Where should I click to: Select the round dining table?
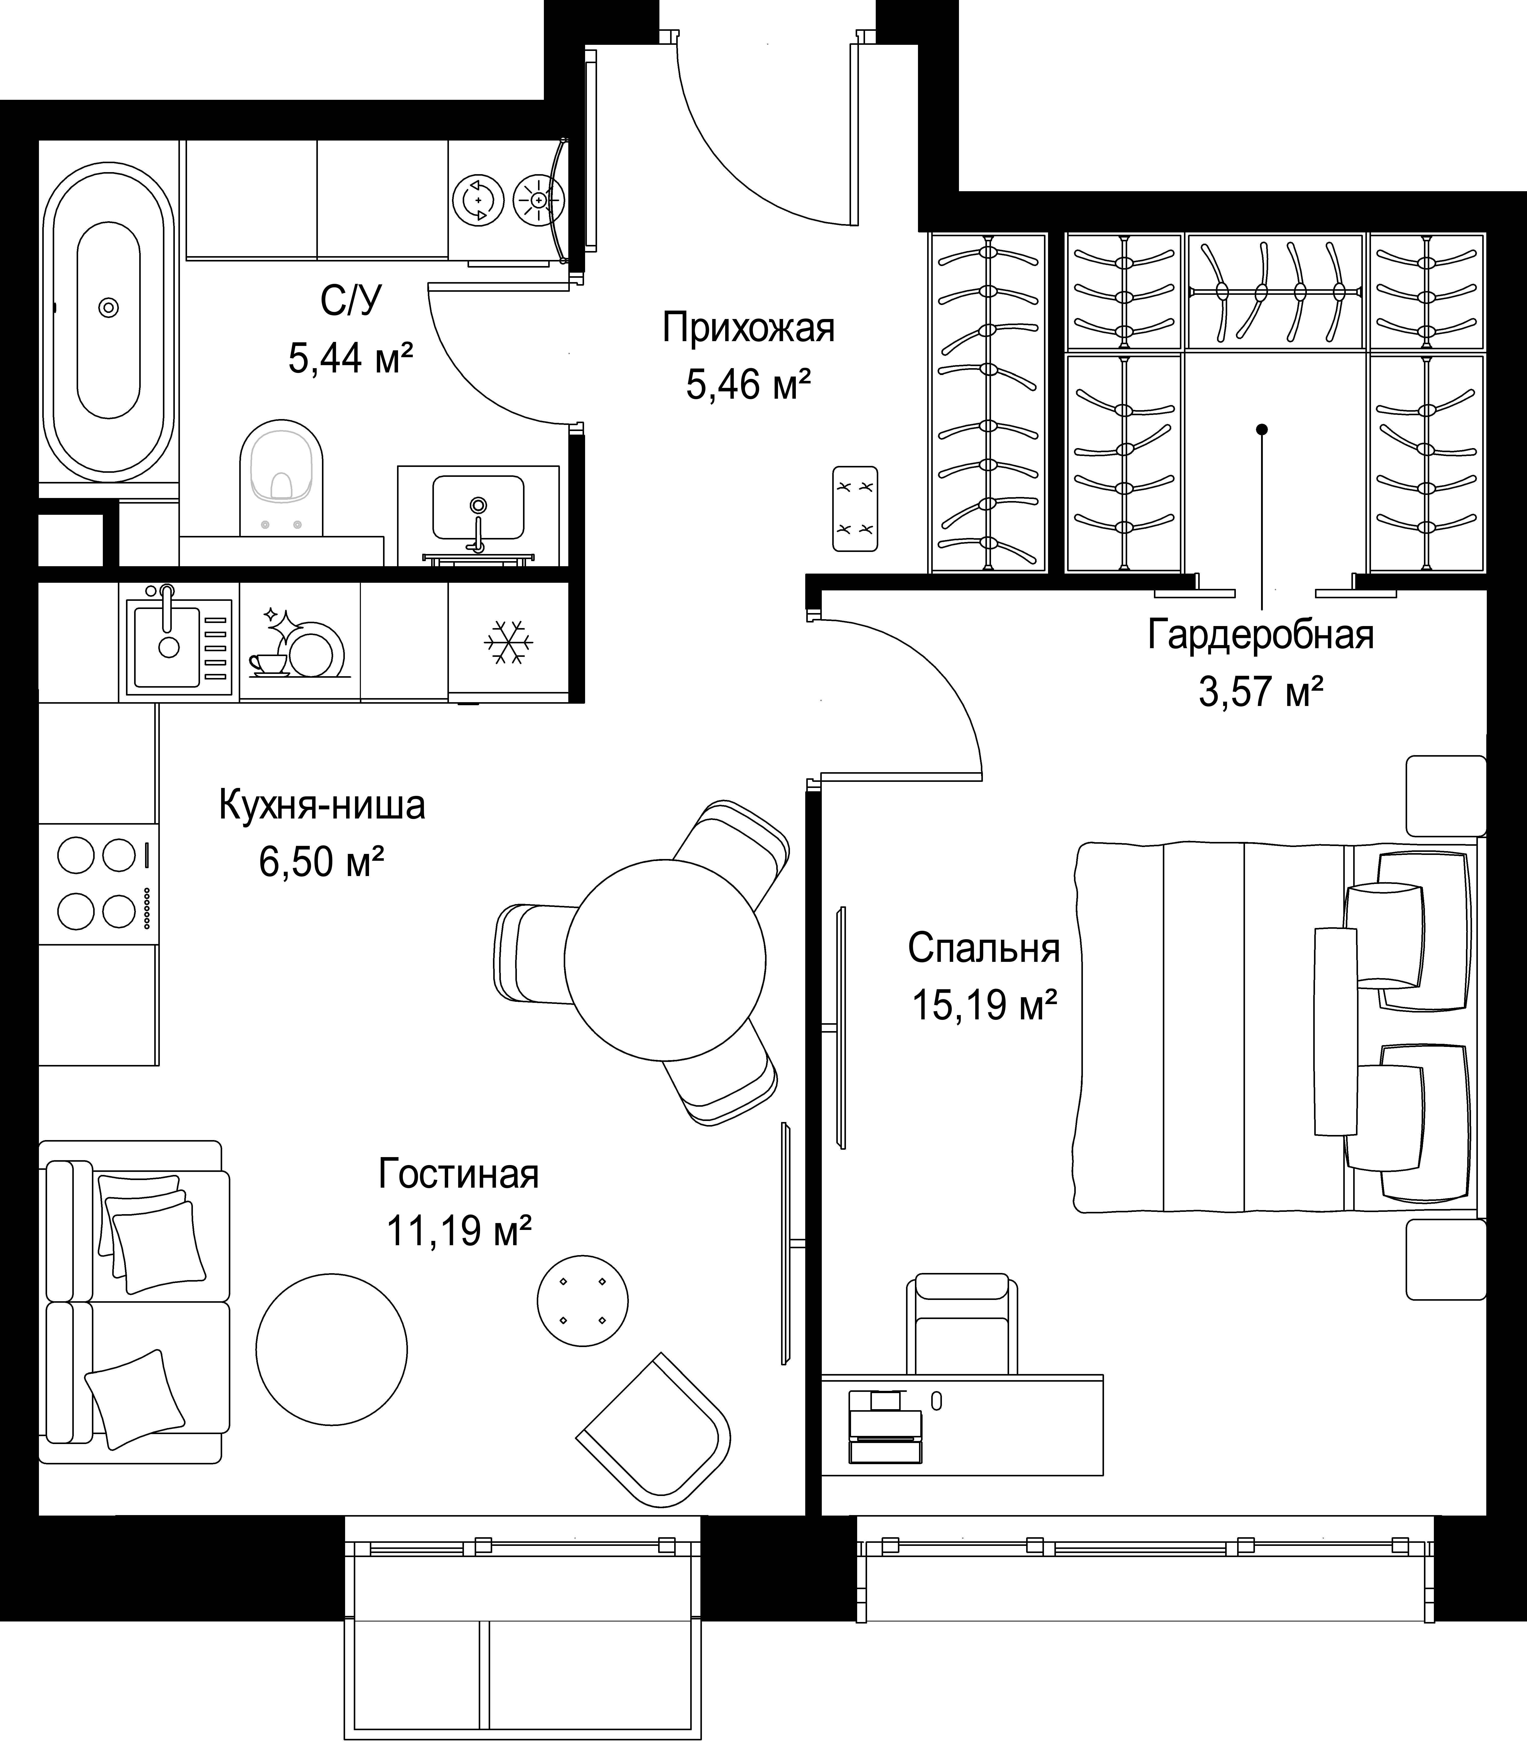coord(665,959)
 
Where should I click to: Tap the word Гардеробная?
coord(1260,635)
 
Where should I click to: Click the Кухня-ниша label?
coord(322,805)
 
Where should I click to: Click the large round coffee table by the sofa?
coord(331,1349)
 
